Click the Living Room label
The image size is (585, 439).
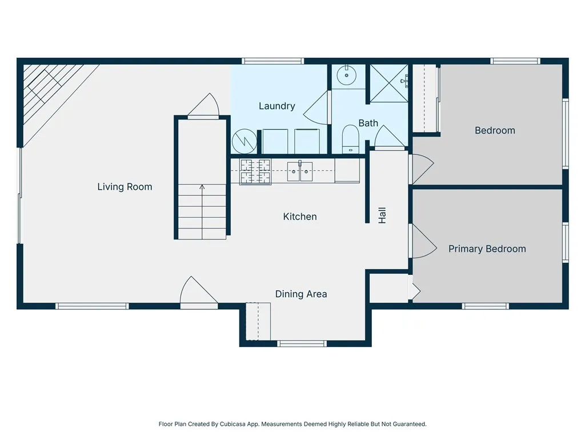(125, 187)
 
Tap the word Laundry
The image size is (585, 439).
(277, 106)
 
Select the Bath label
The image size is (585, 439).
(368, 123)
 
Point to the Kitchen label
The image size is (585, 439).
(300, 217)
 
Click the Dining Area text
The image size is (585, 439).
(301, 294)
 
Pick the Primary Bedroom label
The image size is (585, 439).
(487, 249)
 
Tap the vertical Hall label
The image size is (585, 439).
(382, 215)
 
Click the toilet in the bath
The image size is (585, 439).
(350, 139)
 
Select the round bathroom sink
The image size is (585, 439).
(347, 75)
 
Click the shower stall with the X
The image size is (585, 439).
(389, 83)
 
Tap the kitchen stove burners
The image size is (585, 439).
(255, 171)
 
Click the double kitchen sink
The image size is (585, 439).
(299, 171)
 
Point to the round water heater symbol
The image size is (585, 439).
(245, 141)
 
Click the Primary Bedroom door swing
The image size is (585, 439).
(424, 241)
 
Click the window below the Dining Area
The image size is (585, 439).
(302, 344)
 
